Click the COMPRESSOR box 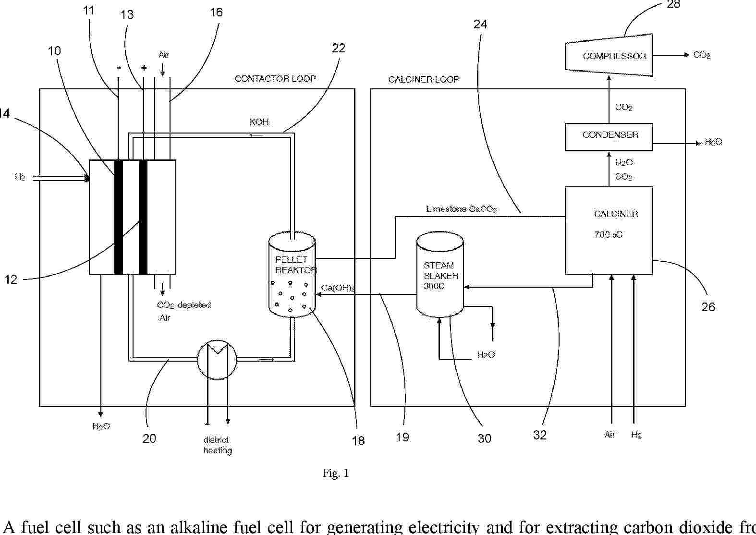point(609,55)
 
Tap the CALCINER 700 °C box point(609,230)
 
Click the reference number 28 point(673,4)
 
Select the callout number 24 point(480,24)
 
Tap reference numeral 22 point(339,48)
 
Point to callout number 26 point(708,307)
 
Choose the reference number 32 point(540,435)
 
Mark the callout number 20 point(149,438)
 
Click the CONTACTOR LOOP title point(275,79)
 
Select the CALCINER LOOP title point(424,79)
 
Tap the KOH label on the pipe point(259,122)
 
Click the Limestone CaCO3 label point(461,209)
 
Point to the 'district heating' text point(218,445)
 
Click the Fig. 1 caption point(335,474)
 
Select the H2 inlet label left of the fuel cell point(20,177)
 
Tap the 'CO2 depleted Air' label point(183,311)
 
